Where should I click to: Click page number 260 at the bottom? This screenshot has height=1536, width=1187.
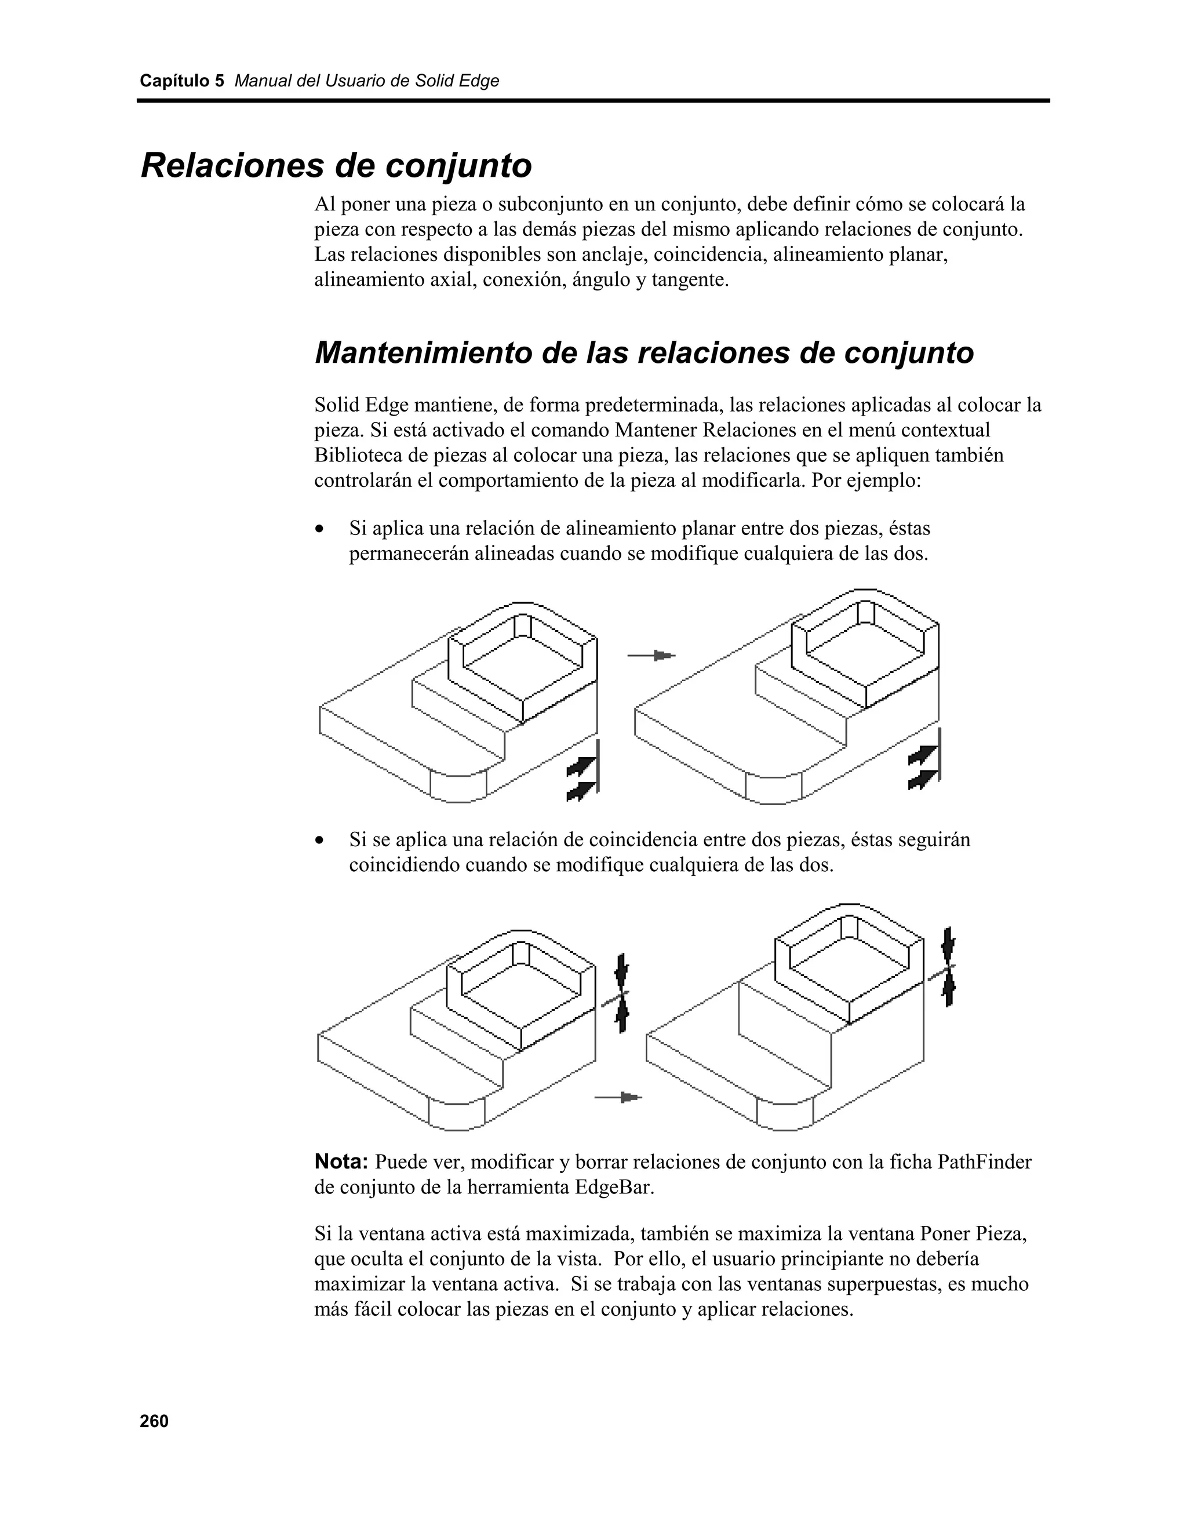tap(154, 1421)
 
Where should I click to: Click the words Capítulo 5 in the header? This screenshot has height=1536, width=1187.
tap(181, 81)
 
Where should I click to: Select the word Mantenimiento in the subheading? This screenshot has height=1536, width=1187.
tap(423, 353)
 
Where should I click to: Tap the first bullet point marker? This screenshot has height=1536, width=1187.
tap(321, 529)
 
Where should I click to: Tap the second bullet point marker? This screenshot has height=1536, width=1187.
tap(321, 840)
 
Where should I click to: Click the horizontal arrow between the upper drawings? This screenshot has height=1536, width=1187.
tap(651, 656)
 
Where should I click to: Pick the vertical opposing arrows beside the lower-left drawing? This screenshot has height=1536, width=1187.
tap(621, 993)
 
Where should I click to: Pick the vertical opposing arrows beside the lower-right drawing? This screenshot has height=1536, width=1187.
tap(949, 967)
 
